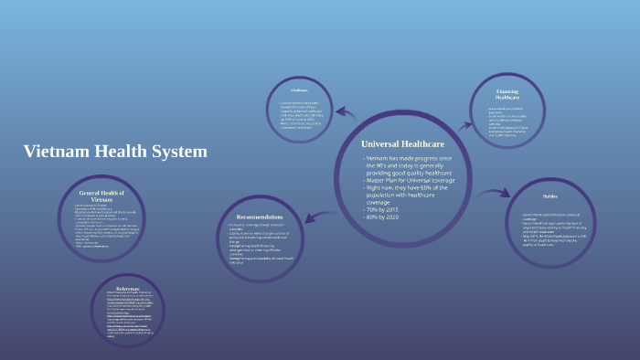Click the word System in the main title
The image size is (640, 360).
pos(178,152)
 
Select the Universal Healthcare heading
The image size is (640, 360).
pos(403,144)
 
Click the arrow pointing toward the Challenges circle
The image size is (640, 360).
pos(346,113)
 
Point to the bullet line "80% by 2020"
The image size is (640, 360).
pos(385,218)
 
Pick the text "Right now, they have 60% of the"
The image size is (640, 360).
pos(410,190)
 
